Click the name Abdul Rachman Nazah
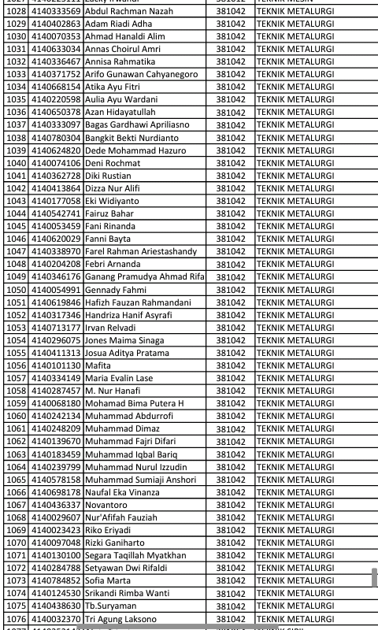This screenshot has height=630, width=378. pyautogui.click(x=128, y=11)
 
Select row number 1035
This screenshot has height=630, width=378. pyautogui.click(x=16, y=100)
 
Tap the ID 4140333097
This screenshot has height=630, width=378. pyautogui.click(x=56, y=125)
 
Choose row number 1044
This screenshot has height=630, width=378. pyautogui.click(x=16, y=213)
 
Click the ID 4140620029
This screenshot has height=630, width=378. pyautogui.click(x=56, y=239)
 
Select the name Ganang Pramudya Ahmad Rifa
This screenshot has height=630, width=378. pyautogui.click(x=144, y=277)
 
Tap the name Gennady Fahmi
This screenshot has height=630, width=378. pyautogui.click(x=116, y=290)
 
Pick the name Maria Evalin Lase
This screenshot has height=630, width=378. pyautogui.click(x=119, y=378)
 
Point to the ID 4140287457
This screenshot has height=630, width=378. pyautogui.click(x=56, y=391)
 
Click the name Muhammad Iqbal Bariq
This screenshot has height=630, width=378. pyautogui.click(x=132, y=454)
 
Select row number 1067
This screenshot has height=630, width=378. pyautogui.click(x=16, y=505)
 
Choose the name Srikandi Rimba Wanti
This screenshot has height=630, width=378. pyautogui.click(x=127, y=593)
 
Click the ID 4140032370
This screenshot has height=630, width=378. pyautogui.click(x=56, y=619)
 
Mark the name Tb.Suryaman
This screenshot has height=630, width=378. pyautogui.click(x=111, y=606)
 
